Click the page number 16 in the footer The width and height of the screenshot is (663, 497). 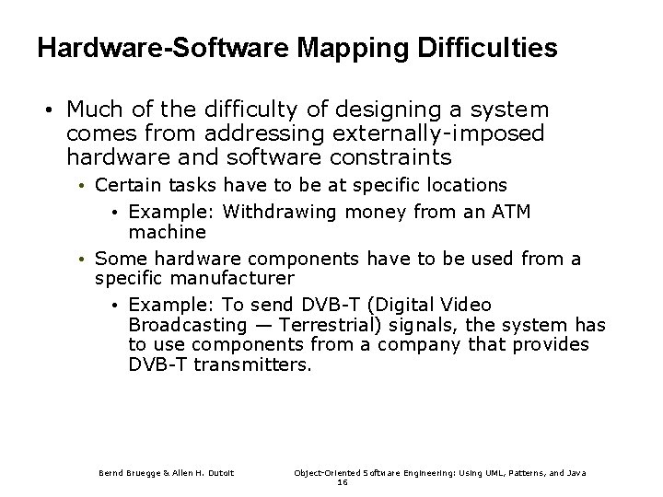point(343,481)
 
